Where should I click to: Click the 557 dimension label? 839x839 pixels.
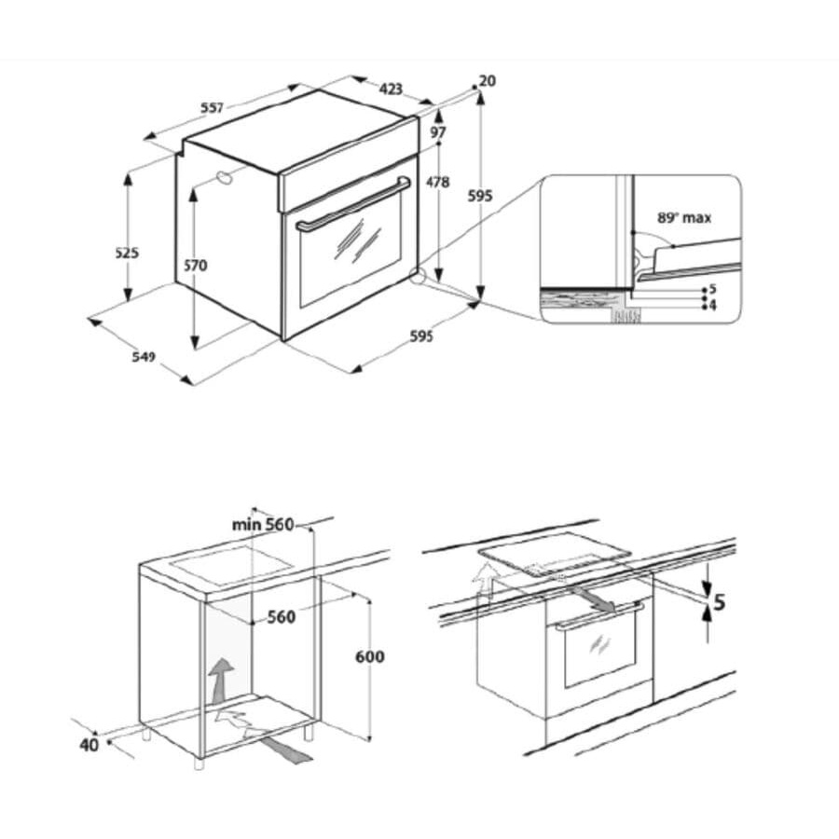pos(212,107)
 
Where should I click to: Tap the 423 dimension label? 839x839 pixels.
pos(392,89)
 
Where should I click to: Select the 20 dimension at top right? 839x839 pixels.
pos(488,81)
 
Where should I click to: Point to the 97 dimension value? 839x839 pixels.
pos(438,133)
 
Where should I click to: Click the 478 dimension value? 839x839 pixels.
pos(438,183)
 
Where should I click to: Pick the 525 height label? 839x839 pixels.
pos(128,253)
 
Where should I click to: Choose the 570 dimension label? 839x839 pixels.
pos(195,266)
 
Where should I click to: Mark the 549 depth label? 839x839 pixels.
pos(142,356)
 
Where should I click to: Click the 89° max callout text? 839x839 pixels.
pos(683,217)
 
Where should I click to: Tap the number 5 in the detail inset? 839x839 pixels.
pos(712,290)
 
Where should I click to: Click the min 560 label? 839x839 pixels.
pos(263,525)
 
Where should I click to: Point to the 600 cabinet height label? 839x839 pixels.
pos(370,656)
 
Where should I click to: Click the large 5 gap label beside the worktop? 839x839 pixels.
pos(719,602)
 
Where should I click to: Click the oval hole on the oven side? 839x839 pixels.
pos(224,178)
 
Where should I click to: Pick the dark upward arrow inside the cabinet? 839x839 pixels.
pos(221,678)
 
